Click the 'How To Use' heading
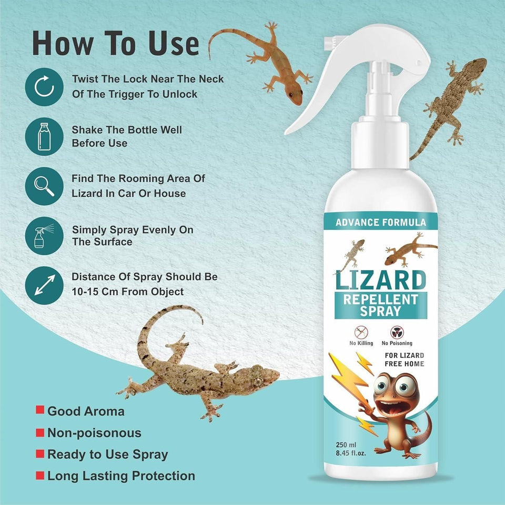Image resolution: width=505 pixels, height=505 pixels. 116,44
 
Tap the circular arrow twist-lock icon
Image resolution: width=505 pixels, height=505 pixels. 44,87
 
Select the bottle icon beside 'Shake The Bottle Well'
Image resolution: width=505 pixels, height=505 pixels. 44,137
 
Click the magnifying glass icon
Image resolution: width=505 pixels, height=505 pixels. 44,186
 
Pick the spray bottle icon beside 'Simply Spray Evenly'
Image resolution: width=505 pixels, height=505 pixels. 44,236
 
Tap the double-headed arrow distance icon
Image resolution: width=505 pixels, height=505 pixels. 44,285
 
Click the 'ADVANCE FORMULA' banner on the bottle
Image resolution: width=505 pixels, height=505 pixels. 381,222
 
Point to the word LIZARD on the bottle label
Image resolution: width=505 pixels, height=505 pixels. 381,281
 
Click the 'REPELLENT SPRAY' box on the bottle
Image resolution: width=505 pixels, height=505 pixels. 381,306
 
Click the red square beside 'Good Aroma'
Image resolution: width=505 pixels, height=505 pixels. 39,411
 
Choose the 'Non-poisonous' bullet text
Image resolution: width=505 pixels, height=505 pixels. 94,433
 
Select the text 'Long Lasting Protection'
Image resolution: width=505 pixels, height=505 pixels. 121,476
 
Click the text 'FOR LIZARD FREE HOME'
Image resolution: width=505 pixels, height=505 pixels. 403,360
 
